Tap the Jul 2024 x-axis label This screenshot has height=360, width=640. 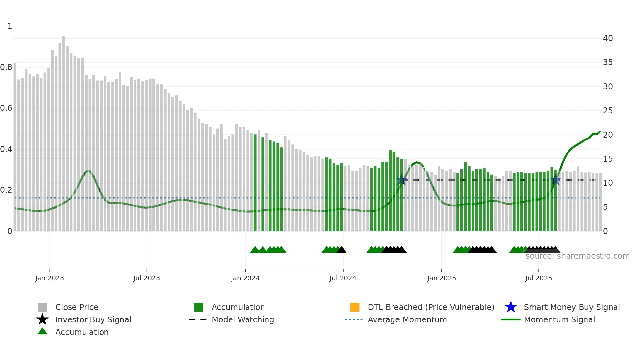[343, 278]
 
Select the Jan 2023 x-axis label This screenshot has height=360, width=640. [50, 278]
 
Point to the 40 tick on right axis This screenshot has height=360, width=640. [608, 38]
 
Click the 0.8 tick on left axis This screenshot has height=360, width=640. [7, 67]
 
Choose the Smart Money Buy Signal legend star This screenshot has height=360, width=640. [511, 307]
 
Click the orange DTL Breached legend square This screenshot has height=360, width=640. [355, 307]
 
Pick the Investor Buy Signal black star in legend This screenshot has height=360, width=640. [42, 319]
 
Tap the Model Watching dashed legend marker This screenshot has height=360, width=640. [198, 319]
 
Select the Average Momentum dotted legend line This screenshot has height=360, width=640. [354, 319]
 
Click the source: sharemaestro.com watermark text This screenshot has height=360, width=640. [577, 256]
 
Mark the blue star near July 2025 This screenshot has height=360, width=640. [555, 180]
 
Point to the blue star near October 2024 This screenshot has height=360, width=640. [401, 180]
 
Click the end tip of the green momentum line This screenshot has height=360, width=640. [600, 132]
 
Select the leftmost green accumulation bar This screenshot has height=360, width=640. [255, 183]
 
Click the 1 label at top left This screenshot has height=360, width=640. [10, 26]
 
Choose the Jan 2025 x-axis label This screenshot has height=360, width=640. [441, 278]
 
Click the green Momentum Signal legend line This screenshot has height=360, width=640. [511, 319]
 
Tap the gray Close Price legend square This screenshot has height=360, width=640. [42, 307]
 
